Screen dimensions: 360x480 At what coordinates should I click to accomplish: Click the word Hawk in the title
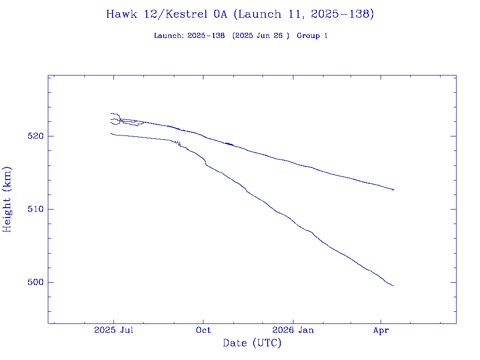121,14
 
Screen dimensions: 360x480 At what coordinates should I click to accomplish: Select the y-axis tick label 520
36,136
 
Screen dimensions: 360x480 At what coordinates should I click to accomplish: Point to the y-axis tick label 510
36,209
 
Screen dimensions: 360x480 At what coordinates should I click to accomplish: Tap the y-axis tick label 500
36,282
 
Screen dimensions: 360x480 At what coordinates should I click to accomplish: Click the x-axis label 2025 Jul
114,330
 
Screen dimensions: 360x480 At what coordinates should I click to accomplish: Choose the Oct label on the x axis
203,330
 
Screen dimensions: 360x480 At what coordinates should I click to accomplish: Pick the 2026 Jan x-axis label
293,330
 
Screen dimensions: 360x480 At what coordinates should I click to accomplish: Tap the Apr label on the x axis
381,330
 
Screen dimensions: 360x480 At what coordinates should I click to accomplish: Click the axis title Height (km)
7,199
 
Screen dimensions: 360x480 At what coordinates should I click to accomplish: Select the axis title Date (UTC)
252,343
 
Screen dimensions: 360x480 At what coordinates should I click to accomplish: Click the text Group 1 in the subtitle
312,36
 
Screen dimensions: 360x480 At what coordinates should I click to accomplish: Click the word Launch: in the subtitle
169,36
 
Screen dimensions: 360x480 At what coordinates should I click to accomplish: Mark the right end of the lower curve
394,285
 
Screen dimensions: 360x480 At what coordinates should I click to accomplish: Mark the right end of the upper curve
394,189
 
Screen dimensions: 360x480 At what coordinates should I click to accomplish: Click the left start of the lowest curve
111,134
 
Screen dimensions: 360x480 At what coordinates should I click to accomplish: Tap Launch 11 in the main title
265,14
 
